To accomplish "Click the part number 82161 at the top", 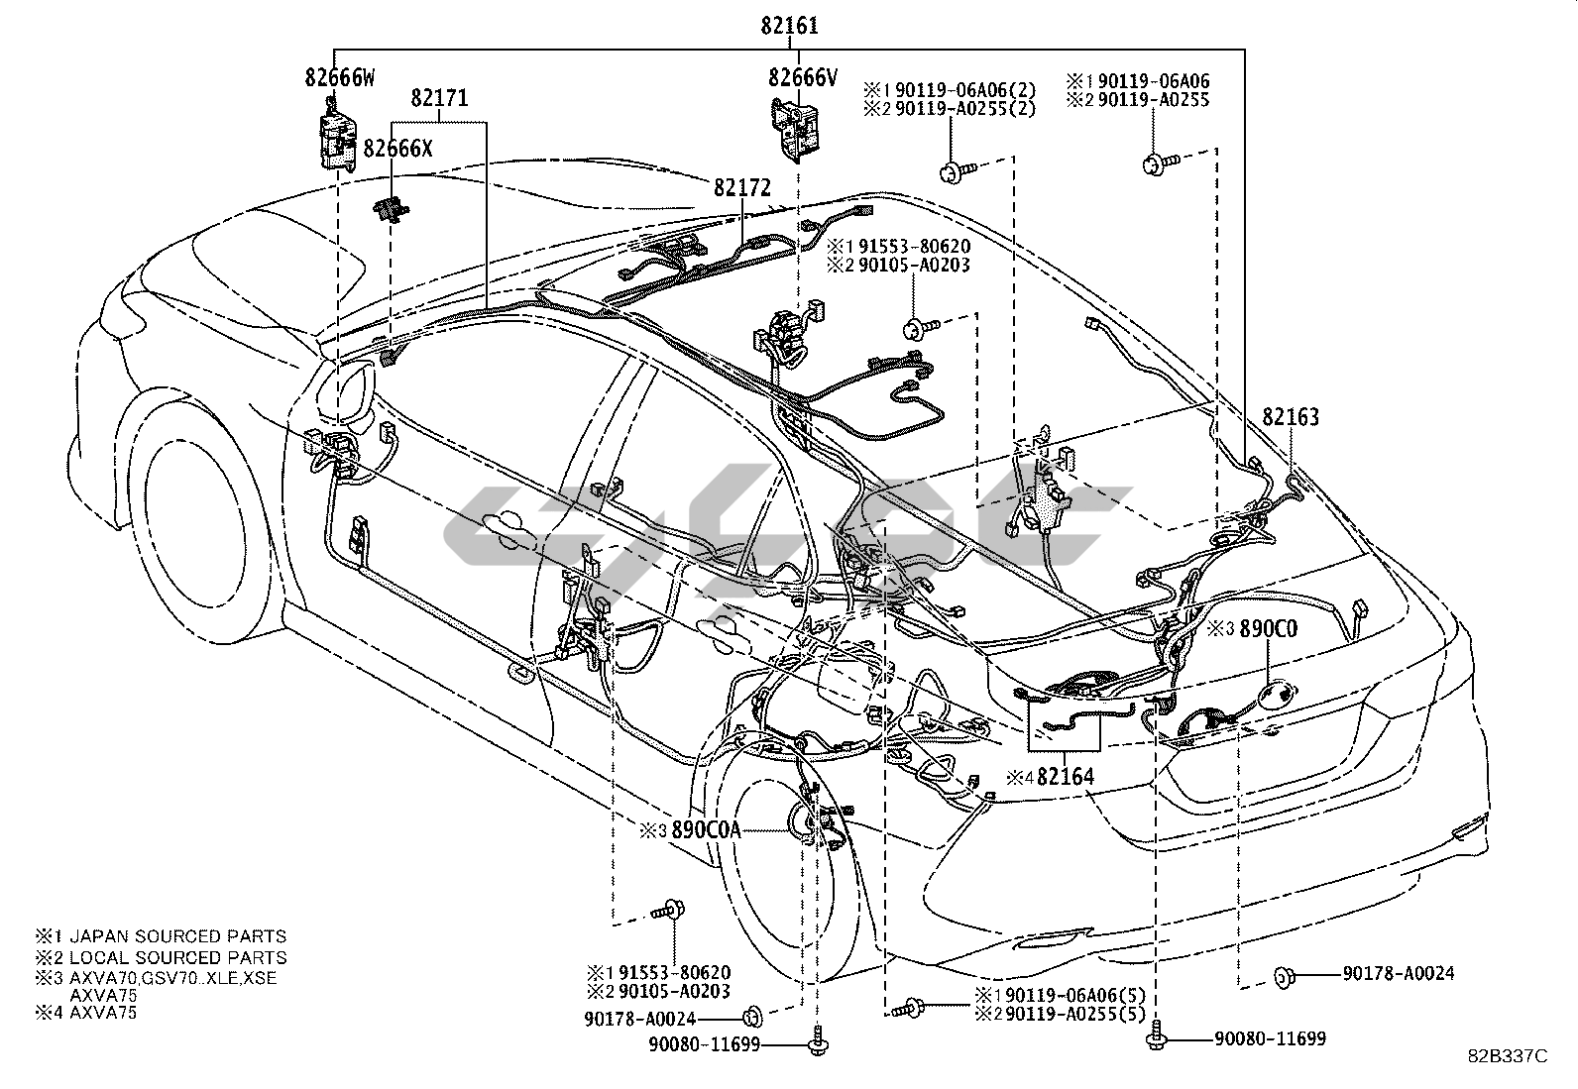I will [x=790, y=26].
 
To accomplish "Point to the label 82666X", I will [x=397, y=148].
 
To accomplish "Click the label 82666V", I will [x=802, y=76].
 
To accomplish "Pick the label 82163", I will [x=1291, y=417].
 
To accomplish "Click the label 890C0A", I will [x=705, y=830].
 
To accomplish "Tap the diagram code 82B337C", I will [x=1507, y=1056].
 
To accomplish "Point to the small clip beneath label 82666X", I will [x=393, y=210].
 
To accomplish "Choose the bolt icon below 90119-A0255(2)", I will [x=955, y=172].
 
